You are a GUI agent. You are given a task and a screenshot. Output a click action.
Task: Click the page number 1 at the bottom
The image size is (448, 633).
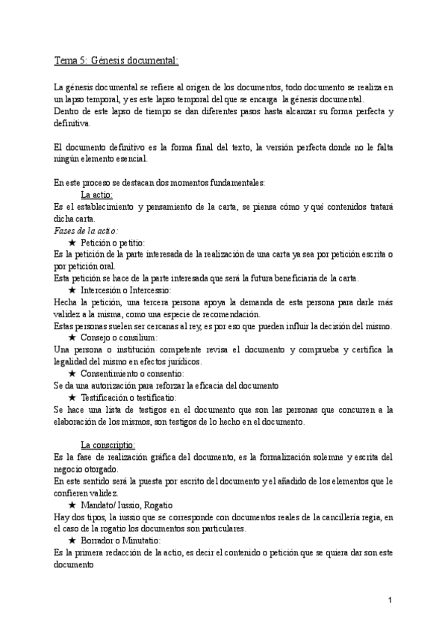390,601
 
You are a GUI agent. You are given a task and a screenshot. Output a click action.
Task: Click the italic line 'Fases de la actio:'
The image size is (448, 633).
87,231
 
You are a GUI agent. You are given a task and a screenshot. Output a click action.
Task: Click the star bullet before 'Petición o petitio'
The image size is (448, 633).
72,243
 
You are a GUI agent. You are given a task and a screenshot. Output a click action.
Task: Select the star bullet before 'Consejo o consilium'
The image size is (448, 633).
72,337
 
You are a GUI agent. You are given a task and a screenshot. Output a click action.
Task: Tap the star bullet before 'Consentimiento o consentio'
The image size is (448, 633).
72,373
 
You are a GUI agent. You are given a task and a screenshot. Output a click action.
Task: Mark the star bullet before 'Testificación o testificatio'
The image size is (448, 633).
72,397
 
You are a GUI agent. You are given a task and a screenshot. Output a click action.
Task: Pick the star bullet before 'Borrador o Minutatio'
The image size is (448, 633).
72,540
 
